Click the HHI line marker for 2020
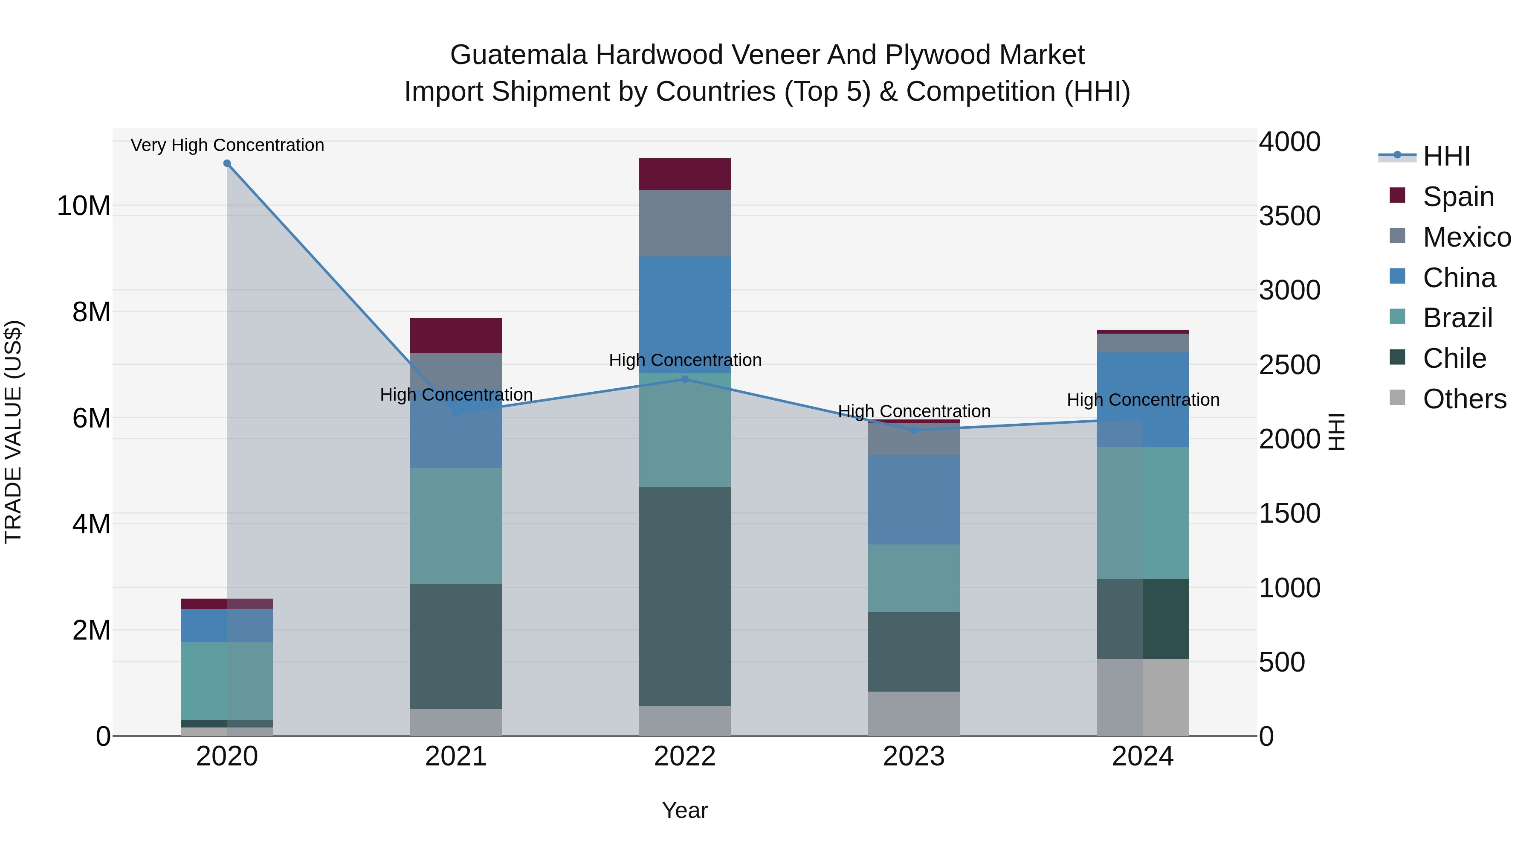tap(227, 163)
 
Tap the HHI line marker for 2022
tap(685, 379)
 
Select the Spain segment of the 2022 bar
tap(685, 174)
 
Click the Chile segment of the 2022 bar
tap(685, 596)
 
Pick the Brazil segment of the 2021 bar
tap(456, 526)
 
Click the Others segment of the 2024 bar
tap(1142, 697)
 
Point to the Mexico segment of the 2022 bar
tap(685, 223)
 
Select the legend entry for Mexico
tap(1466, 237)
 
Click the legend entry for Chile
tap(1454, 359)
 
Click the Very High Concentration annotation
tap(227, 145)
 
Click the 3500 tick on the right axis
tap(1289, 216)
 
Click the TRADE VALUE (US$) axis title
tap(13, 432)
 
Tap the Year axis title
tap(685, 810)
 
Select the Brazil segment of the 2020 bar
tap(227, 681)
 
